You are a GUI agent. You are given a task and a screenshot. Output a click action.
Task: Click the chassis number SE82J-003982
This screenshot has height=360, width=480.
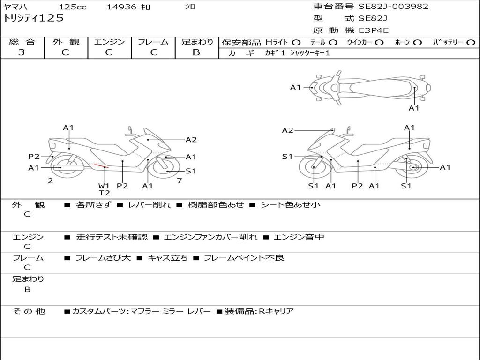(x=393, y=7)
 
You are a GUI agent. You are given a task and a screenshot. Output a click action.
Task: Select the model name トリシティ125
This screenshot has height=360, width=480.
(x=33, y=18)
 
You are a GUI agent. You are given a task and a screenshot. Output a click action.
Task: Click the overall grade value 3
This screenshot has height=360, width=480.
(x=22, y=52)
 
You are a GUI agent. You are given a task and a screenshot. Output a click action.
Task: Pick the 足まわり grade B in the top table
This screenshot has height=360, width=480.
(x=196, y=52)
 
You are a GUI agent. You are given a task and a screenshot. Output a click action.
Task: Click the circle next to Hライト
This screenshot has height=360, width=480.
(x=296, y=43)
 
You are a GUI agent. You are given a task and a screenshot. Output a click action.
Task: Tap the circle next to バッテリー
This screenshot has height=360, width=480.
(x=471, y=43)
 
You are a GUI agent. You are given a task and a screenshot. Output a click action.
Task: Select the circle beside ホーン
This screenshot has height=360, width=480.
(x=417, y=43)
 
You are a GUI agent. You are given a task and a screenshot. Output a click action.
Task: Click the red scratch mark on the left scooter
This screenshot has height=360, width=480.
(x=101, y=166)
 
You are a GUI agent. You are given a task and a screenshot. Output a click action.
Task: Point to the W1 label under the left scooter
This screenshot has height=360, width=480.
(x=104, y=186)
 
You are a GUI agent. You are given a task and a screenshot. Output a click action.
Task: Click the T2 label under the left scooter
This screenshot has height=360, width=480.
(x=105, y=193)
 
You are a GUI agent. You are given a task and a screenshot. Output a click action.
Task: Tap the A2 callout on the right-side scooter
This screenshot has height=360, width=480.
(x=288, y=131)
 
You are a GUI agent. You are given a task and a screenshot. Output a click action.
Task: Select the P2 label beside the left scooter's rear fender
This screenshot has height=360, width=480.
(x=34, y=157)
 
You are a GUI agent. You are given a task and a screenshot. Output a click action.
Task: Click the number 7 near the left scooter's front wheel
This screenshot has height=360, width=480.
(x=180, y=181)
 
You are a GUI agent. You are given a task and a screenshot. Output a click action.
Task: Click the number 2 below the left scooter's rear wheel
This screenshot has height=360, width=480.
(x=51, y=181)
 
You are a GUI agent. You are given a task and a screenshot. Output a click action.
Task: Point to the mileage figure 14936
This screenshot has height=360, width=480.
(x=122, y=7)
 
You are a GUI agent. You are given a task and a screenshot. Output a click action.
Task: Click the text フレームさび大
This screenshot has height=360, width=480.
(x=103, y=258)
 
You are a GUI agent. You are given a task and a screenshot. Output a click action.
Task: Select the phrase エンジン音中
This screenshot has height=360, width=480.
(x=299, y=237)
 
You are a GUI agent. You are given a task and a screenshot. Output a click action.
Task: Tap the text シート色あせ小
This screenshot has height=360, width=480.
(x=291, y=205)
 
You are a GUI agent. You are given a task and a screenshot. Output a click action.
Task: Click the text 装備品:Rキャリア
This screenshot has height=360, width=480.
(x=259, y=312)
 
